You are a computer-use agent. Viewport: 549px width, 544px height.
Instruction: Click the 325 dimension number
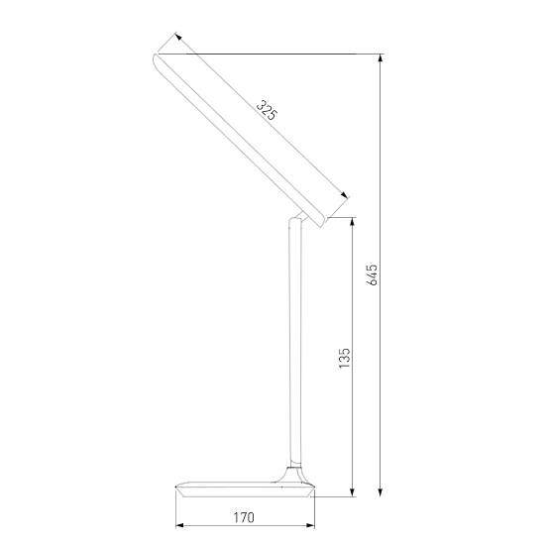pos(265,109)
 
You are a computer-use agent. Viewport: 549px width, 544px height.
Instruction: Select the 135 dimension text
pos(344,358)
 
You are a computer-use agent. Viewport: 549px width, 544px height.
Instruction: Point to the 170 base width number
pos(244,516)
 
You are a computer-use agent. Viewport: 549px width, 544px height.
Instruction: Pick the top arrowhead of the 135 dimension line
pos(354,223)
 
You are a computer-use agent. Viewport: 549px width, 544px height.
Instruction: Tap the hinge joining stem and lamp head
pos(297,219)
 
